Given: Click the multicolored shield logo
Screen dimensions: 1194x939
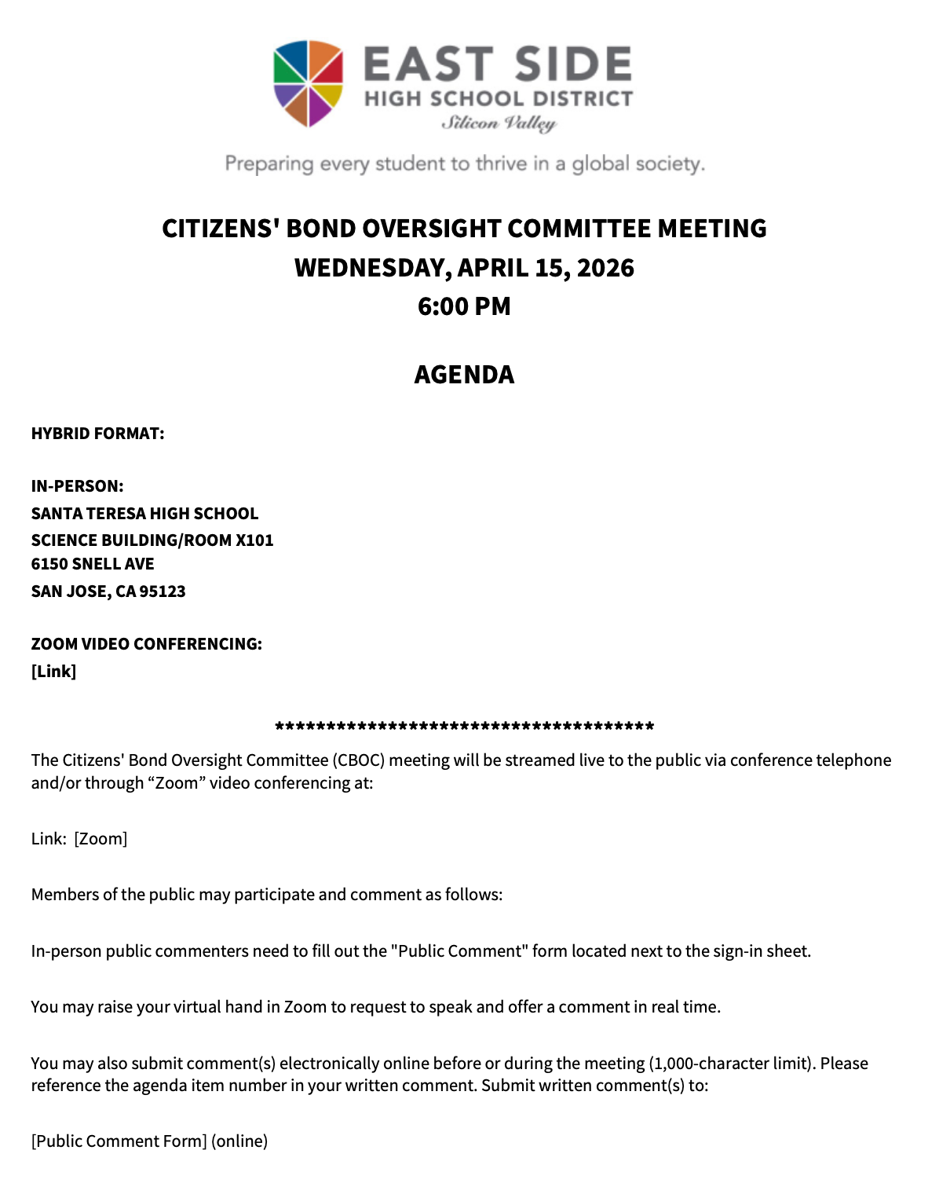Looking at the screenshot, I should tap(308, 82).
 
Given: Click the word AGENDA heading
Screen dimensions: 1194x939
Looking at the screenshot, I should tap(464, 375).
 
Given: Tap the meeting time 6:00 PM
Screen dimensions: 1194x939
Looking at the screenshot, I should tap(464, 306).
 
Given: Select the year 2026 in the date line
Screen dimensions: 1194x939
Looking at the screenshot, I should tap(605, 268).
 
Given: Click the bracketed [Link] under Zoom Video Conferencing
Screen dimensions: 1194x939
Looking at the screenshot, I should tap(53, 672).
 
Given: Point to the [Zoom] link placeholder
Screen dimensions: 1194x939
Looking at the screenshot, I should tap(100, 839).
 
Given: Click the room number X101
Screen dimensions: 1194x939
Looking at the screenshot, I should tap(254, 540).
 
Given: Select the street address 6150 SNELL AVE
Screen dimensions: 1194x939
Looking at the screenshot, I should tap(93, 564).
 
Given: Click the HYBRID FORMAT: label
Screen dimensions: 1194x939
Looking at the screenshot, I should tap(97, 434).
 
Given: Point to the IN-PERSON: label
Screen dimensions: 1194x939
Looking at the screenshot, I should tap(77, 486).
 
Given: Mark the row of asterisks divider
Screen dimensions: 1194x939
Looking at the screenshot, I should tap(464, 727).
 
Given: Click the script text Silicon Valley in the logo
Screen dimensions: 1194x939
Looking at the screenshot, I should tap(499, 123).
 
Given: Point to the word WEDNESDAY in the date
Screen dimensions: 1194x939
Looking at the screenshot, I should tap(372, 268).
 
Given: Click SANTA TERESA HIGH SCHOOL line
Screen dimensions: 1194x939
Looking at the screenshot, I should tap(144, 514).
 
